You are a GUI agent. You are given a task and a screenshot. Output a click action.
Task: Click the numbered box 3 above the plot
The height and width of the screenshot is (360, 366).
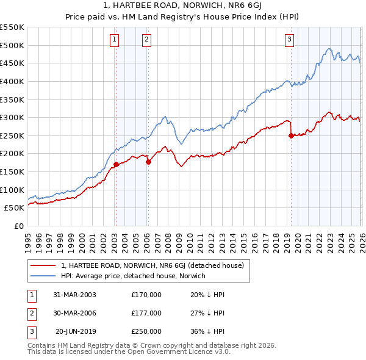289,40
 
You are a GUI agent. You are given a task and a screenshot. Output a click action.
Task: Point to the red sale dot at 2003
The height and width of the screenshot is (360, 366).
116,164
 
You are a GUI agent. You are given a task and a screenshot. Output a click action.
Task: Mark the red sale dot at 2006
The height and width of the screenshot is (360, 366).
148,162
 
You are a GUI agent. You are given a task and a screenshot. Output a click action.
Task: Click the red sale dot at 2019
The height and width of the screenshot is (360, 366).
291,135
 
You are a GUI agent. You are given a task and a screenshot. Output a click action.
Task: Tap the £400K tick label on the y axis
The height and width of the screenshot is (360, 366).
12,81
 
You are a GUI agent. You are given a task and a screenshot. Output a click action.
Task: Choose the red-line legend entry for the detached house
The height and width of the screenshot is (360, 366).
152,265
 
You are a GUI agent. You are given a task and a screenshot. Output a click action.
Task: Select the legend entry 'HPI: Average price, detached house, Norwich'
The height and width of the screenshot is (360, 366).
134,276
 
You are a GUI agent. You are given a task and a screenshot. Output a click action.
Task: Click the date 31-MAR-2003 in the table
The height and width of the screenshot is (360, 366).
75,295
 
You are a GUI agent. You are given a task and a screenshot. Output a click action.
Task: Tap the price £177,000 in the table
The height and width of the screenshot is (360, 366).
146,313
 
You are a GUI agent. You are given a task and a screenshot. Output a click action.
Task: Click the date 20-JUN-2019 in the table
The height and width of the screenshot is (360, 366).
75,331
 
